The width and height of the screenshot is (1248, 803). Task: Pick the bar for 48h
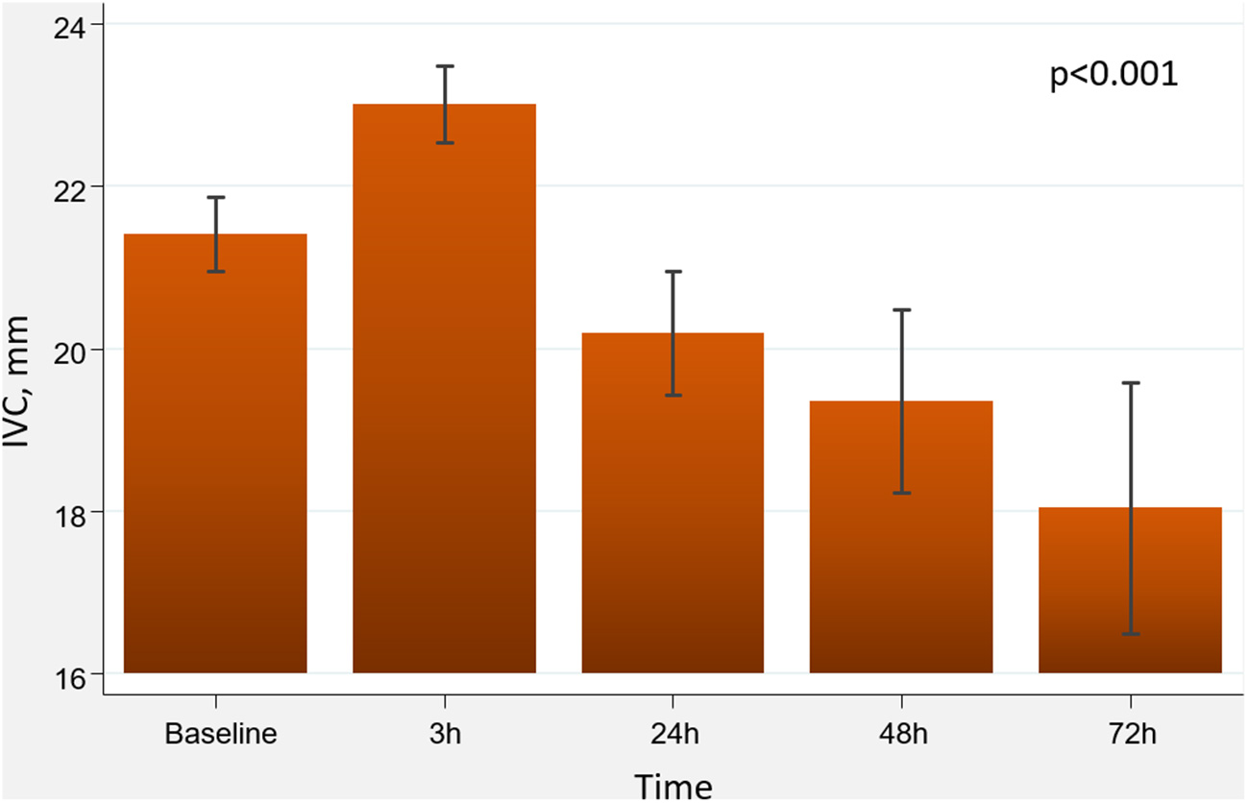pos(901,537)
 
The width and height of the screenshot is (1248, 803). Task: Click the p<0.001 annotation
pos(1113,75)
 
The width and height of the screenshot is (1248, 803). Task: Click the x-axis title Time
pos(673,786)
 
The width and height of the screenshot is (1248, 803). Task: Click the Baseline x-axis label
pos(221,735)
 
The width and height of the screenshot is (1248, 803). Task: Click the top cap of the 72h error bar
pos(1131,383)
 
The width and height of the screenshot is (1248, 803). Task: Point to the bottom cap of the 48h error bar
pos(902,493)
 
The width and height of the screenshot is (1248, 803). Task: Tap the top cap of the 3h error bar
pos(445,66)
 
